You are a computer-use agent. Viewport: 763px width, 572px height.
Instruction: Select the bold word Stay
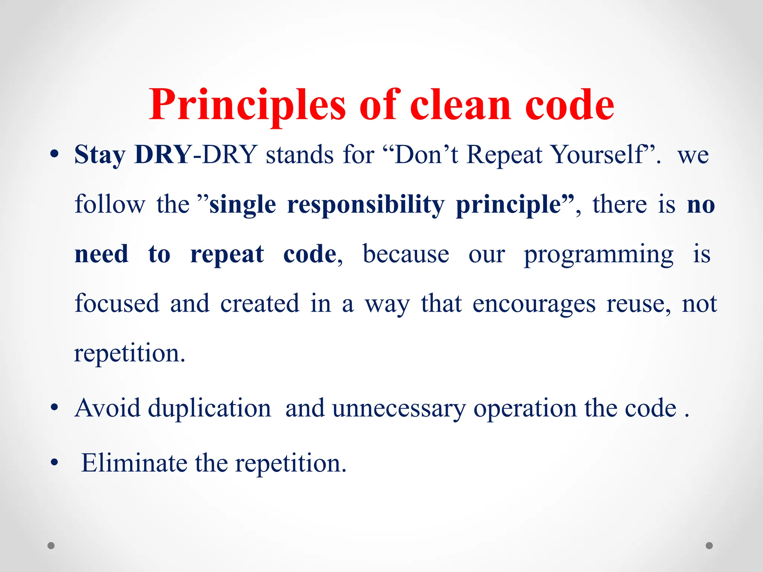coord(100,155)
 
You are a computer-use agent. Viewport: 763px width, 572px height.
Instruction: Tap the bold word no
coord(701,205)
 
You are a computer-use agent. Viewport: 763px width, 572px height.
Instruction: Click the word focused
coord(117,304)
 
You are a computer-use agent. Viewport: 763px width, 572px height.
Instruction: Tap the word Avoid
coord(107,408)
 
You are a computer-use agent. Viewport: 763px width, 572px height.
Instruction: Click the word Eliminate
coord(134,463)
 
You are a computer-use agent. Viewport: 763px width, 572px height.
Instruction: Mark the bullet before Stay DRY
coord(54,154)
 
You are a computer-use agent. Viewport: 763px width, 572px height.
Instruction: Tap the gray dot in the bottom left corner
coord(51,546)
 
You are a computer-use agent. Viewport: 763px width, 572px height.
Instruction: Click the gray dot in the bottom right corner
coord(709,546)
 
